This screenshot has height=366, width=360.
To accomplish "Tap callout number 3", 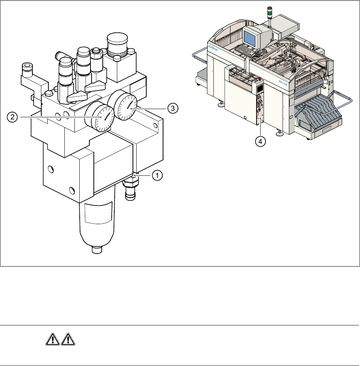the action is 172,108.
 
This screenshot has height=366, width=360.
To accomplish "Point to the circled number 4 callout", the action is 260,141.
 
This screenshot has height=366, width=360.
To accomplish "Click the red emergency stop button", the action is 259,79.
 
